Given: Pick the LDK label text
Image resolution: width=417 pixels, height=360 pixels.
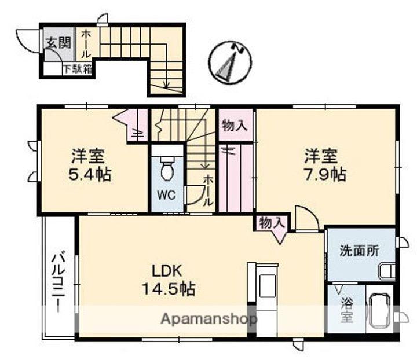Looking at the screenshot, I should [168, 270].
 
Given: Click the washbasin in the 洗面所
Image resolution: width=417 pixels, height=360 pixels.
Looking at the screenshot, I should [386, 270].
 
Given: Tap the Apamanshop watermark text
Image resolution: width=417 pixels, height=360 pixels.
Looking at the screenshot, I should [209, 318].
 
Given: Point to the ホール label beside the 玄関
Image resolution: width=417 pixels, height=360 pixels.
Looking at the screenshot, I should [86, 43].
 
